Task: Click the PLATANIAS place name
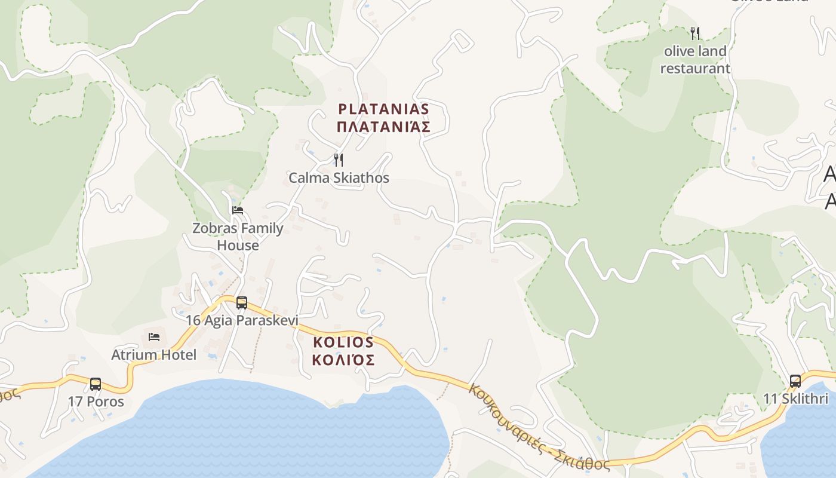point(383,109)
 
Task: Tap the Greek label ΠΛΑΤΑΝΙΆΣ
point(383,127)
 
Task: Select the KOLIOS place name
point(343,342)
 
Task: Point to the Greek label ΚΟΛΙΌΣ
point(343,360)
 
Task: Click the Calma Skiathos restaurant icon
point(338,160)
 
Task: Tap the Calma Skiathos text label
point(339,177)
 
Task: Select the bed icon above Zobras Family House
point(238,210)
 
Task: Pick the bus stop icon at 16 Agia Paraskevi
point(242,303)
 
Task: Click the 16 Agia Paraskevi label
point(242,320)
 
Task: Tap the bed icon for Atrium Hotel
point(154,337)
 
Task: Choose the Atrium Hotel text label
point(154,355)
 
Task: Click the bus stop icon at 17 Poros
point(96,384)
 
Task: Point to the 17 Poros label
point(96,402)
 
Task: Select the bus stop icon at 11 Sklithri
point(795,381)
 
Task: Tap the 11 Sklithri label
point(795,399)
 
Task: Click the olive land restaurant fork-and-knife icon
point(694,33)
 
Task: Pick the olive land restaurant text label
point(695,60)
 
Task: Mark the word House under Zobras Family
point(238,245)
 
